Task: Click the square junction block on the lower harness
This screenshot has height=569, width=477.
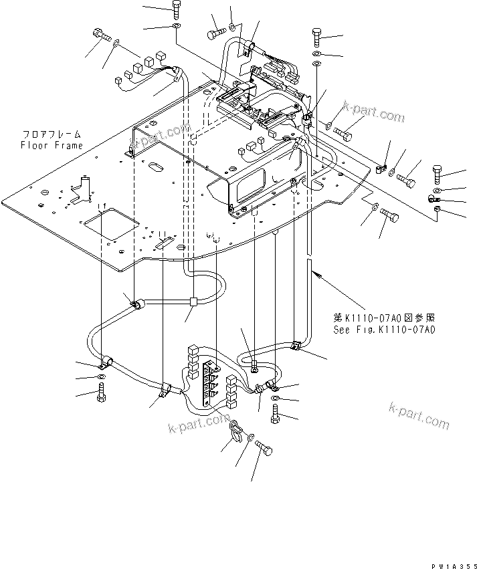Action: tap(193, 302)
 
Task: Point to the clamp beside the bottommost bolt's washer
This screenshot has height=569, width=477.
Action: tap(236, 429)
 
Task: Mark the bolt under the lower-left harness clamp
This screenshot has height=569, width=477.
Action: tap(102, 396)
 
